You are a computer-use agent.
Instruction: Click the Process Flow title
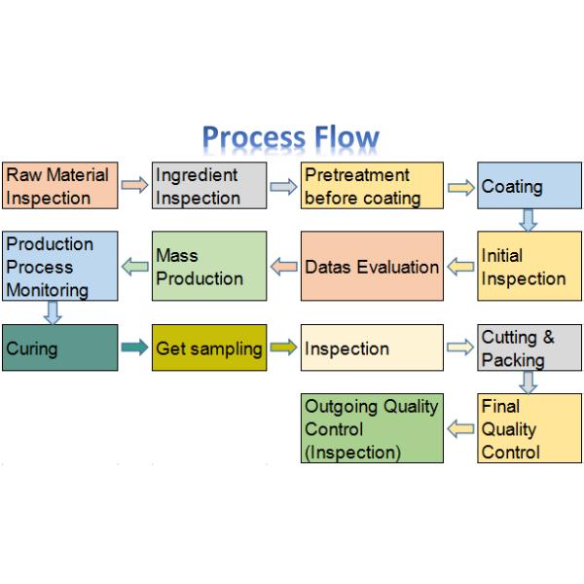point(290,138)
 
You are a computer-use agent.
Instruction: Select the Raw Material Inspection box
point(59,186)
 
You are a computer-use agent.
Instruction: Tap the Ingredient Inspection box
point(208,186)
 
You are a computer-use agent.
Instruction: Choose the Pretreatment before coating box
point(372,186)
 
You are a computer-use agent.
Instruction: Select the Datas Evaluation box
point(372,266)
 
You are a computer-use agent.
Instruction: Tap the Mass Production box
point(208,266)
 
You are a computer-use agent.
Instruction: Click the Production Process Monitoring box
point(59,266)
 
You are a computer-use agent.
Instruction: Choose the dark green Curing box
point(59,347)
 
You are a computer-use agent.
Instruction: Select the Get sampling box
point(208,347)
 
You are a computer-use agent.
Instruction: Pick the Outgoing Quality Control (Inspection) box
point(372,428)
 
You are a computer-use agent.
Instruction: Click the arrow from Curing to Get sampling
point(134,347)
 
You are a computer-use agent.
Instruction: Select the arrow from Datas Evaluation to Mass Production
point(283,266)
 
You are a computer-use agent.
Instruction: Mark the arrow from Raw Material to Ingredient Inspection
point(134,186)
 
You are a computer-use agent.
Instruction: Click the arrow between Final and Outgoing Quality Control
point(459,428)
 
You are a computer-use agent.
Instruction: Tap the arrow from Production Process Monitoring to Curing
point(53,312)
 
